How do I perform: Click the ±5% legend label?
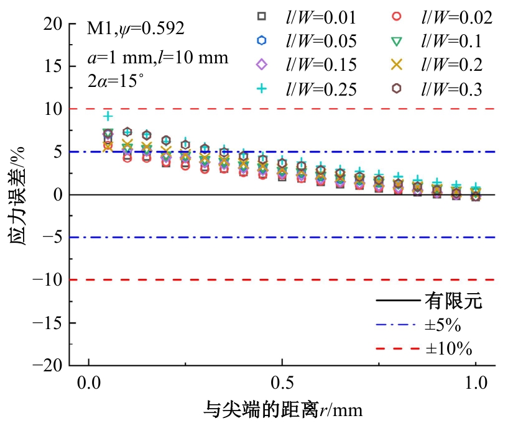pyautogui.click(x=443, y=325)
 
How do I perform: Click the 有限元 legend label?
pyautogui.click(x=453, y=302)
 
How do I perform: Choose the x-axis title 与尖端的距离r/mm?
pyautogui.click(x=283, y=410)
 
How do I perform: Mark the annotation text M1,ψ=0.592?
pyautogui.click(x=136, y=29)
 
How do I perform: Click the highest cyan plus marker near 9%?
pyautogui.click(x=108, y=116)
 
